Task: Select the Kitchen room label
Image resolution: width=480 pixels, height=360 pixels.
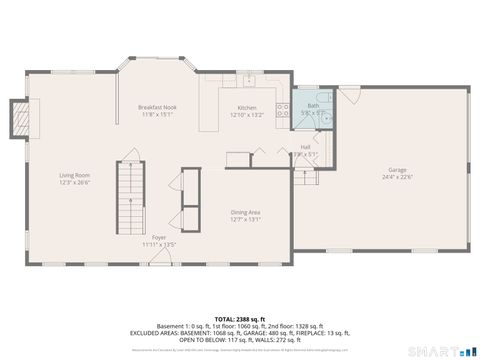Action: click(x=247, y=108)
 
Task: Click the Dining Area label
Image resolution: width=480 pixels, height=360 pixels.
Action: click(x=246, y=212)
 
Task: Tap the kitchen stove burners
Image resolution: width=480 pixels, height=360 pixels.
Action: click(x=283, y=109)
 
